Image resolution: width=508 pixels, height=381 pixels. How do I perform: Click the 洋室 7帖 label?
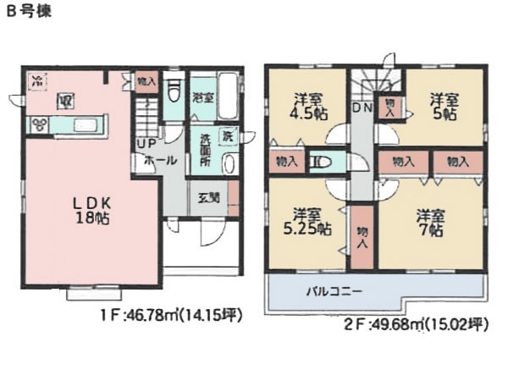[431, 222]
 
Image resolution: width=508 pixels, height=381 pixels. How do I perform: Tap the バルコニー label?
[334, 291]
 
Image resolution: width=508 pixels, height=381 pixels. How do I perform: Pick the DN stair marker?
[362, 108]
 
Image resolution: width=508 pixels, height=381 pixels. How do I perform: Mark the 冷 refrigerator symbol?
[37, 81]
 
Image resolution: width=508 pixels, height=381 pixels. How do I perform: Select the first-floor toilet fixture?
[174, 90]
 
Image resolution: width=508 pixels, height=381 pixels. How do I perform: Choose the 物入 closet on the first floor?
[146, 82]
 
